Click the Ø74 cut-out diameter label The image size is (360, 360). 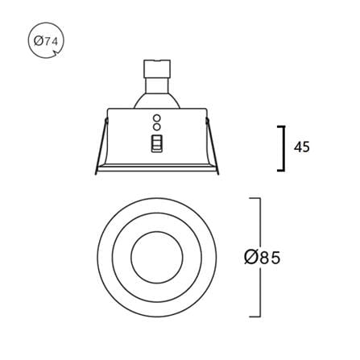pos(46,41)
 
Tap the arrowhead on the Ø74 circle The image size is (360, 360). pos(55,53)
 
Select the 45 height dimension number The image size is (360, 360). pos(302,147)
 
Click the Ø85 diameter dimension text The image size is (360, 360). pos(262,257)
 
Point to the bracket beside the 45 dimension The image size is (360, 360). pos(283,148)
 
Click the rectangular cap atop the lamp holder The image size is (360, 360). pos(157,68)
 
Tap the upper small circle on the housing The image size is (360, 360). pos(157,118)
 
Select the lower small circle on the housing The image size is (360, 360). pos(157,126)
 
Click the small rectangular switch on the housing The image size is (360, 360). pos(157,143)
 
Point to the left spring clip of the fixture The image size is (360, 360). pos(101,147)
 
